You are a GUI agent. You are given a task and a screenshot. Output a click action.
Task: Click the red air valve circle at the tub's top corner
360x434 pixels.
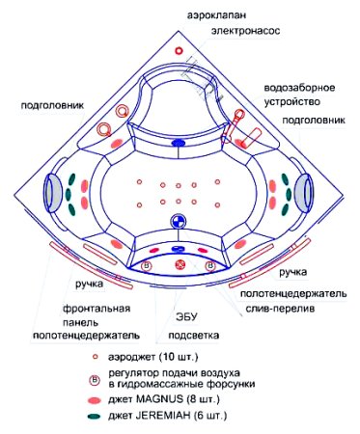click(x=179, y=51)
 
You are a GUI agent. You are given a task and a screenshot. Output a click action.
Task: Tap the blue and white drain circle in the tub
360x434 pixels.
click(x=178, y=222)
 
